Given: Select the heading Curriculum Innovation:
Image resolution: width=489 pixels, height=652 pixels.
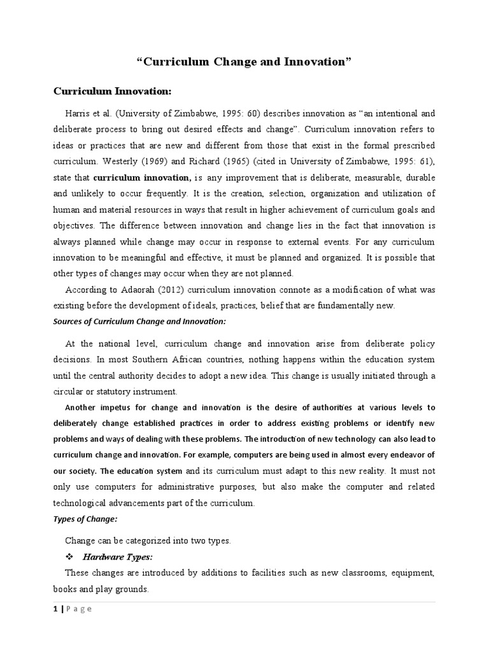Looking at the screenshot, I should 112,92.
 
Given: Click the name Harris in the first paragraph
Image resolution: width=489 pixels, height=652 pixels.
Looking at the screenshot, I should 80,113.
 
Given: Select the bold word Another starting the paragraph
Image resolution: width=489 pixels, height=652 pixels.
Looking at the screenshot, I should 85,407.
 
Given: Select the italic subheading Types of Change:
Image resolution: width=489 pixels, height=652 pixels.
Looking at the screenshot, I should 85,519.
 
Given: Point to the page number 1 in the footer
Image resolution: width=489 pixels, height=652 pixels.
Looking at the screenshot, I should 55,609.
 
